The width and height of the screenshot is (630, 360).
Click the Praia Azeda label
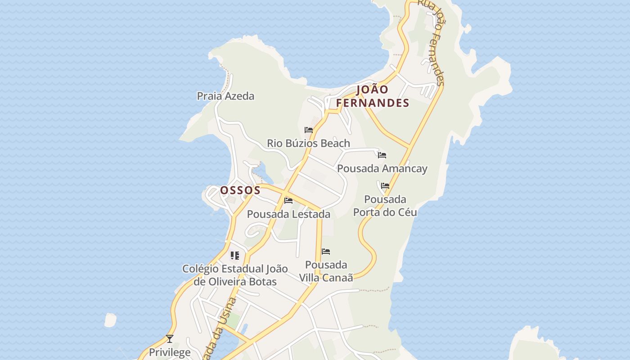[225, 96]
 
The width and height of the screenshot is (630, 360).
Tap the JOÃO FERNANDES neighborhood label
[373, 96]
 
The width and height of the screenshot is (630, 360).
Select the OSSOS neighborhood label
[240, 190]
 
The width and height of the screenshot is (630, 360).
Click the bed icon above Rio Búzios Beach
[309, 130]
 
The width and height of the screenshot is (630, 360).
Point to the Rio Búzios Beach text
[308, 144]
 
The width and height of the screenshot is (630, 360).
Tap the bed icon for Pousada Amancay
[382, 155]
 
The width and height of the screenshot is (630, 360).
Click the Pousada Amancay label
[382, 169]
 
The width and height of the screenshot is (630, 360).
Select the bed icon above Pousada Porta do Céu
[385, 185]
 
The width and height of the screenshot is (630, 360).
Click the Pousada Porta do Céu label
[385, 206]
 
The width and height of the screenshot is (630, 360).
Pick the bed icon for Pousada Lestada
[288, 200]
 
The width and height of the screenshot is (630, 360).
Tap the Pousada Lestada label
[288, 214]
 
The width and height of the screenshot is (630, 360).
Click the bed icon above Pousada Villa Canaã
[326, 251]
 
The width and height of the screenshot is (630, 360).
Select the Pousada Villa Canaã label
[326, 271]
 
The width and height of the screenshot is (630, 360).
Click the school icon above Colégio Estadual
[234, 256]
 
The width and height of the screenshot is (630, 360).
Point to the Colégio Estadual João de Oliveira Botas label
[235, 275]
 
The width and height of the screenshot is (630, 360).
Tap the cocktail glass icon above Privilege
[170, 338]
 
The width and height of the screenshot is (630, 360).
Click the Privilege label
[170, 352]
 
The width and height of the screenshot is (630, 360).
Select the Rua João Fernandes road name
[432, 43]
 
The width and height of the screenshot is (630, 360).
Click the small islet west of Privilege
[110, 320]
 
